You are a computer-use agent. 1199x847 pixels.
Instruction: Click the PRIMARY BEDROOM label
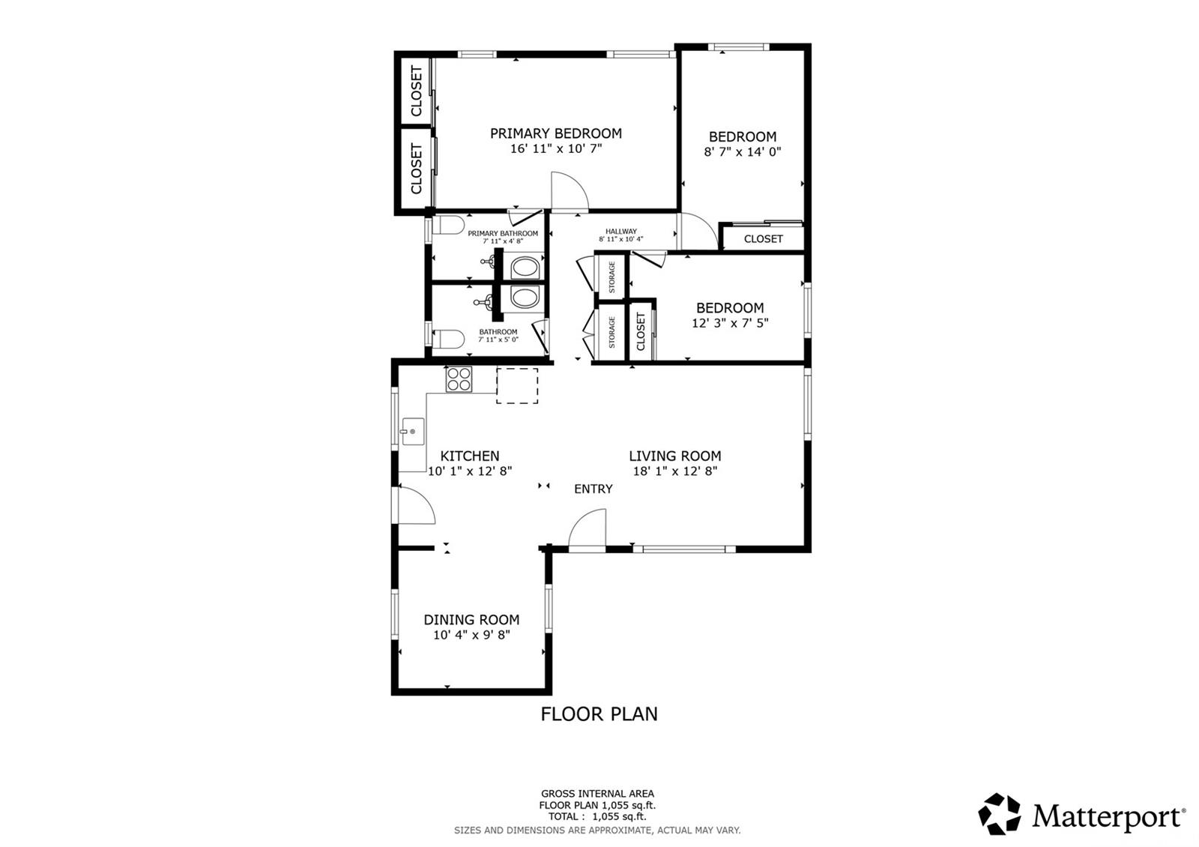click(555, 133)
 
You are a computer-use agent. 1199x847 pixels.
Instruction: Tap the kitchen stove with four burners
click(459, 379)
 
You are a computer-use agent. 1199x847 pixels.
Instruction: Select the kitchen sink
click(413, 432)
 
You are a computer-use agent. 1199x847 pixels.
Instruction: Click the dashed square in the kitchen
click(517, 385)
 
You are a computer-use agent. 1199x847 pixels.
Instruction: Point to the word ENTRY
click(593, 489)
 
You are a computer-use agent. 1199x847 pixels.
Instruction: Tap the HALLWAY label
click(621, 232)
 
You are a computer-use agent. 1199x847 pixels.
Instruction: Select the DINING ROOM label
click(471, 619)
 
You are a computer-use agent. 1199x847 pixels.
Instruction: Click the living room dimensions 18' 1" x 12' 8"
click(675, 471)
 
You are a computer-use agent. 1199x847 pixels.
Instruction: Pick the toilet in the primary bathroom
click(448, 226)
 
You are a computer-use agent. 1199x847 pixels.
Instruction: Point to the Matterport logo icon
click(999, 814)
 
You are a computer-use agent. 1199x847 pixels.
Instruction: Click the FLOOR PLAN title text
click(599, 714)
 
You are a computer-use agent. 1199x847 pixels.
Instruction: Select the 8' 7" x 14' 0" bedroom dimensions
click(743, 152)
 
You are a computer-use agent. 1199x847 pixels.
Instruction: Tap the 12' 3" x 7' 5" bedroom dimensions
click(730, 323)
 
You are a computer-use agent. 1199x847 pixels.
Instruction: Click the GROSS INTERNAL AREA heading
click(597, 794)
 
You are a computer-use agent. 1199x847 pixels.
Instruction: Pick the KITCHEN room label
click(469, 456)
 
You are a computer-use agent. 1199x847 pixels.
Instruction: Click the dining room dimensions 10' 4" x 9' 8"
click(471, 635)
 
